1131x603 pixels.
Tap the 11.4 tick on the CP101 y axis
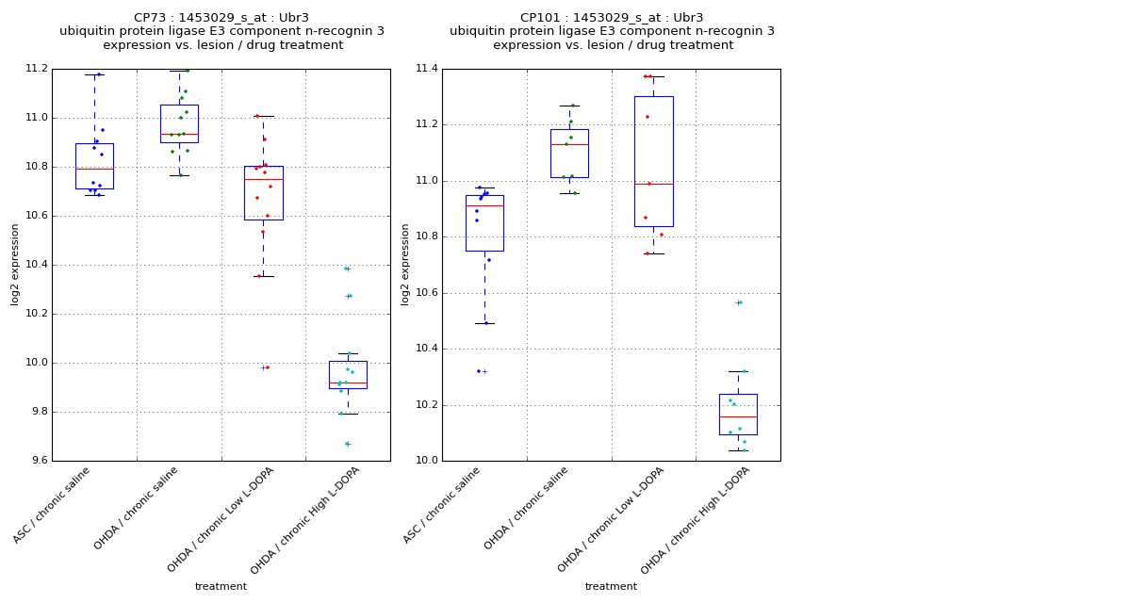pos(427,69)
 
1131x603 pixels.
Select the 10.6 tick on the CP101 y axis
pos(427,293)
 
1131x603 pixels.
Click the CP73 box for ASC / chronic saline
pos(94,166)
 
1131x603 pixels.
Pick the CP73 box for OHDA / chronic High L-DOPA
pos(348,375)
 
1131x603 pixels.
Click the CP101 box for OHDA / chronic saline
pos(569,154)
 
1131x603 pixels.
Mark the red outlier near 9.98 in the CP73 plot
pos(265,367)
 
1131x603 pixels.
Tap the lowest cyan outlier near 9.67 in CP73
pos(347,444)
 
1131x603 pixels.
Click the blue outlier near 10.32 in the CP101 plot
pos(483,371)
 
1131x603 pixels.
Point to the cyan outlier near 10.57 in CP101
pos(739,302)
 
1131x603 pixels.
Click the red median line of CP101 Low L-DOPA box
pos(653,184)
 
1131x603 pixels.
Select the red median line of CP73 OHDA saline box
pos(179,134)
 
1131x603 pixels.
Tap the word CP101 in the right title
pos(539,18)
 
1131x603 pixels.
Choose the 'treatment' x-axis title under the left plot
pos(221,587)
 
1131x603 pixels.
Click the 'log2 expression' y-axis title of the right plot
pos(405,264)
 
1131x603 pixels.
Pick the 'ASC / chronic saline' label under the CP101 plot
pos(443,505)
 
